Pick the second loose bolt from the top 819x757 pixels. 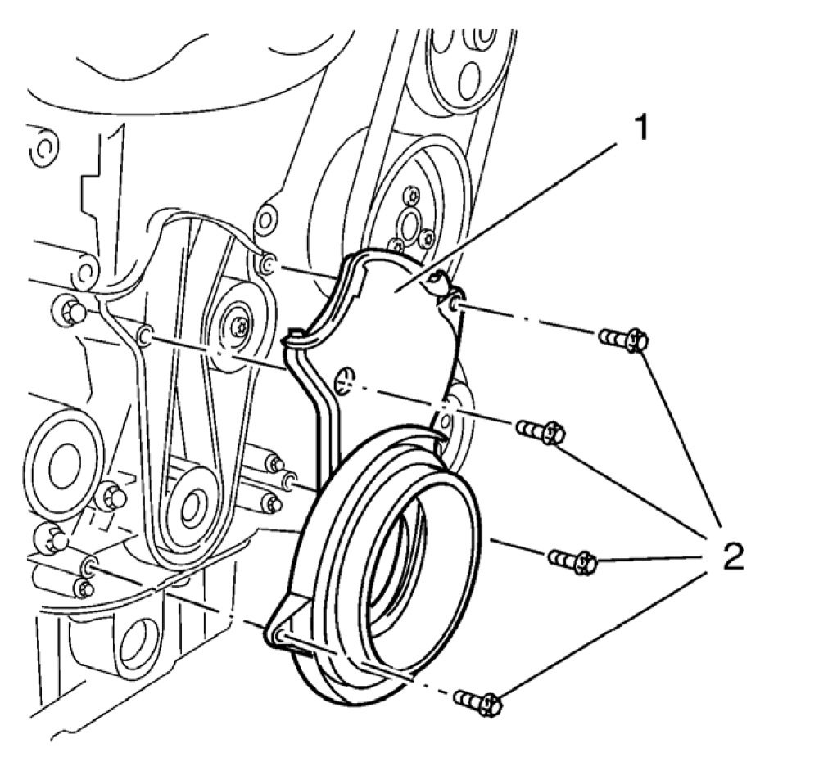tap(541, 430)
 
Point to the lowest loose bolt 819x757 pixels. tap(477, 702)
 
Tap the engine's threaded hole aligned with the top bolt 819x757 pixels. tap(267, 263)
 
